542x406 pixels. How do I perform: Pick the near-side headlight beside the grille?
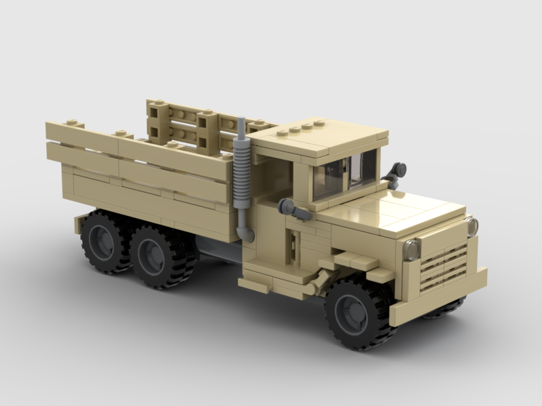click(x=411, y=250)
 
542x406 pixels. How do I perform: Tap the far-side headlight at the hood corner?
click(x=472, y=227)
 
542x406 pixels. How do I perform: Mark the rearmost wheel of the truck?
click(x=104, y=241)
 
